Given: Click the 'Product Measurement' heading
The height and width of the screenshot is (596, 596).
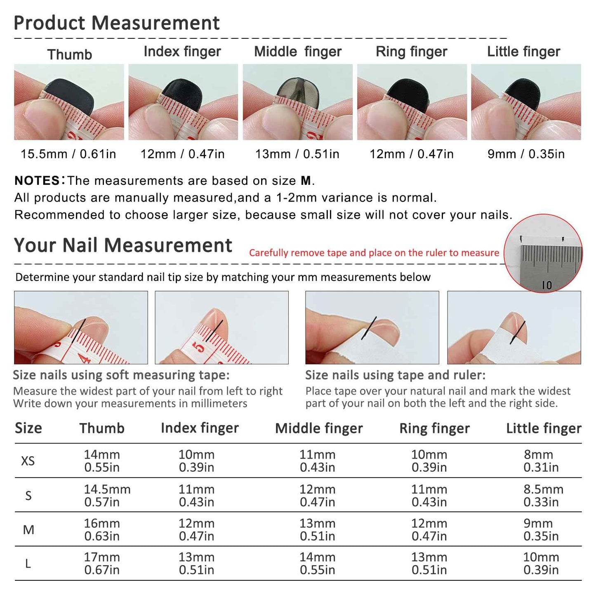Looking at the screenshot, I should [x=116, y=23].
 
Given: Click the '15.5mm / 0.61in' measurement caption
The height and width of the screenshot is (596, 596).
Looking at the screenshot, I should [x=68, y=154].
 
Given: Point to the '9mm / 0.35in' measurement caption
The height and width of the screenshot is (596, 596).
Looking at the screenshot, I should [x=526, y=154].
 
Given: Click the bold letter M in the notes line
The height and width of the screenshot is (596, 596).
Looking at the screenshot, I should [x=306, y=181].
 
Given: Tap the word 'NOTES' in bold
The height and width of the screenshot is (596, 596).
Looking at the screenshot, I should [x=37, y=181].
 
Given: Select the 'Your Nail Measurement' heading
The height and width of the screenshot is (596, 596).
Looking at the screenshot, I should [x=123, y=245].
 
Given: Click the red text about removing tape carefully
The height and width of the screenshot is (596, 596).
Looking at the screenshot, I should [x=374, y=253].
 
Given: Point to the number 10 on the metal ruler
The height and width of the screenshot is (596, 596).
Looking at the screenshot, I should [x=547, y=285].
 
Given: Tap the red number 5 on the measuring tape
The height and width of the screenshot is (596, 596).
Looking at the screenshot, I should [x=199, y=347].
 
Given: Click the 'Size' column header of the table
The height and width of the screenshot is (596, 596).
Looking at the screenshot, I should [x=28, y=428].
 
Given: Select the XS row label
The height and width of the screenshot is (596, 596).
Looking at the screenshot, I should [x=28, y=461].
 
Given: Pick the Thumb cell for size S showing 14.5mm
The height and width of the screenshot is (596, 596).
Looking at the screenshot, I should [x=107, y=495].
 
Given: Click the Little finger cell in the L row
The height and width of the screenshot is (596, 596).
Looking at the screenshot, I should [x=541, y=563].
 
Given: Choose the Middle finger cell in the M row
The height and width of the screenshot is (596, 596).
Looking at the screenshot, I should [x=317, y=530].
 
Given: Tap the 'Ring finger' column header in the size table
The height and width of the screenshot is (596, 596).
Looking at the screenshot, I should [x=434, y=428].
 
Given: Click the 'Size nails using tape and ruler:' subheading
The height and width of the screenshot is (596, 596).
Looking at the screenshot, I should [x=395, y=375].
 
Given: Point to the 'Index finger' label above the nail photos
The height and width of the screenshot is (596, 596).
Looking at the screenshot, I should [x=182, y=52].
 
